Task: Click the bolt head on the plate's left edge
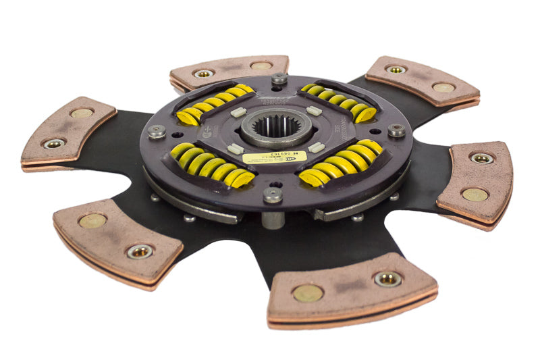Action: (x=157, y=131)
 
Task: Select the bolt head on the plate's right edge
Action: (x=396, y=130)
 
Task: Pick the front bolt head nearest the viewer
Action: (x=272, y=195)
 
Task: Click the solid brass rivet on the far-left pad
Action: (x=82, y=113)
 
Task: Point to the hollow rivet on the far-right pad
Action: (x=481, y=158)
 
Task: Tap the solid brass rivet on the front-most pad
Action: (x=307, y=292)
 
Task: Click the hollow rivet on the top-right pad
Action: (x=396, y=69)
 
